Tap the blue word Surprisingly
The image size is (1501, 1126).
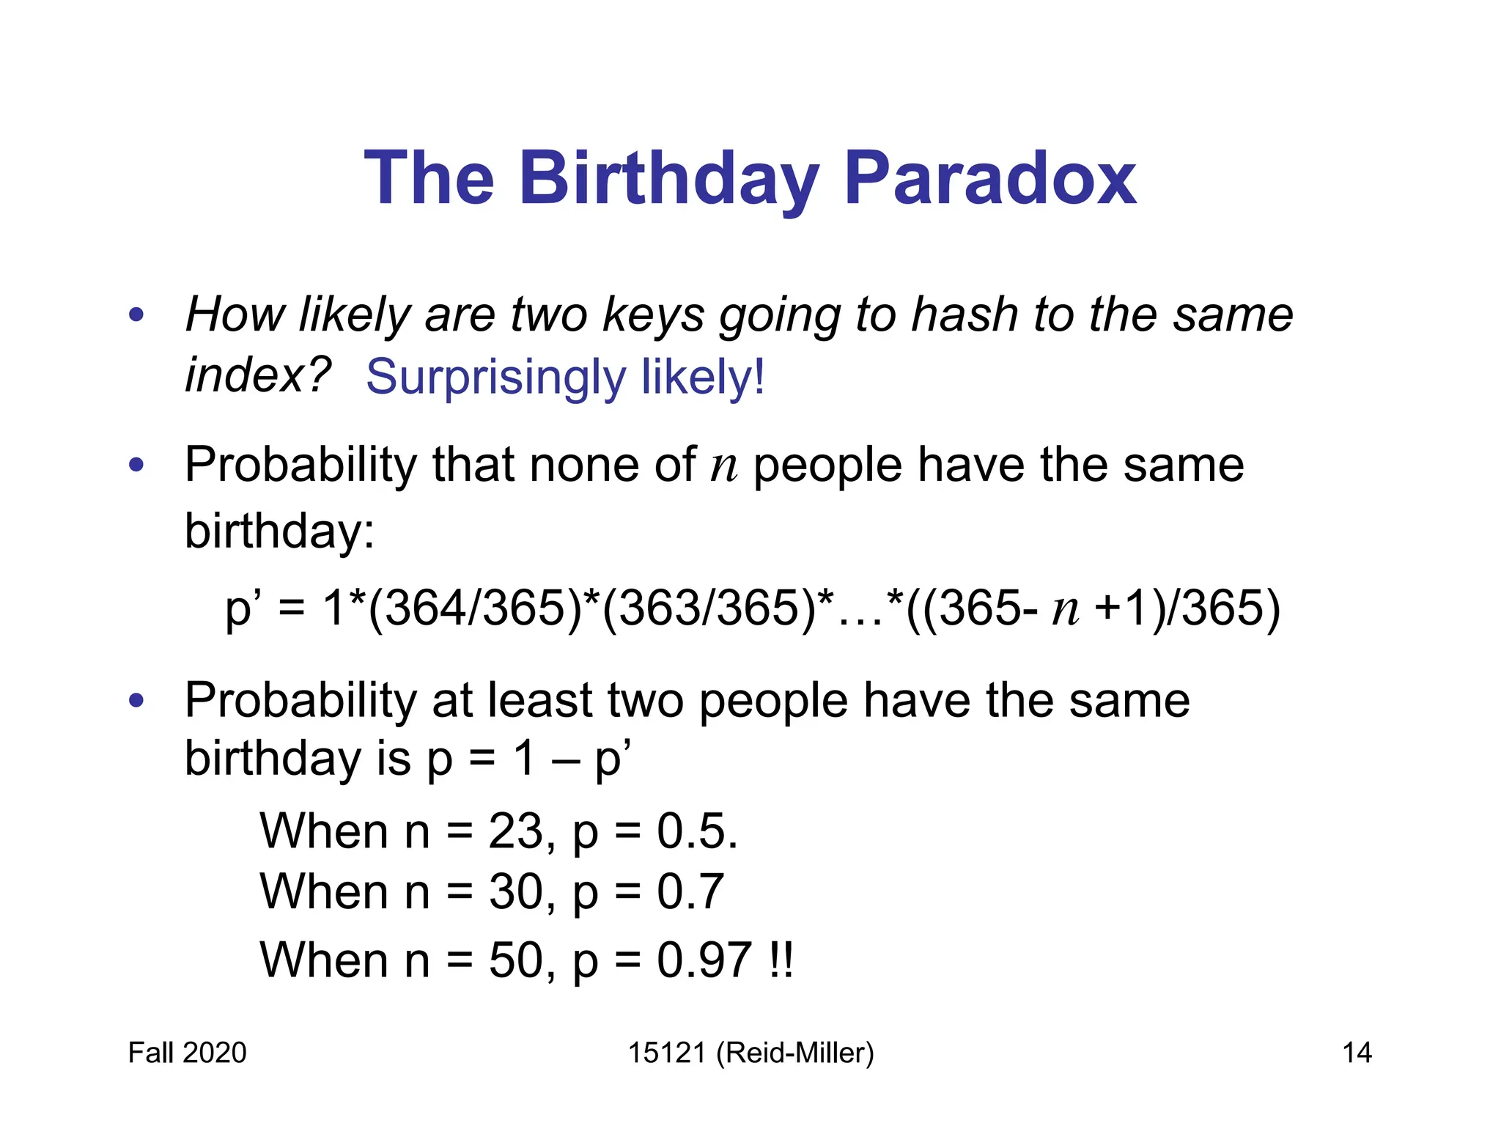(x=495, y=377)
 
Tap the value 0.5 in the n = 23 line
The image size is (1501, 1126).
(x=689, y=831)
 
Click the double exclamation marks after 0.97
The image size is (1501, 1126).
(x=782, y=960)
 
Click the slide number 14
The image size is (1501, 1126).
(x=1357, y=1053)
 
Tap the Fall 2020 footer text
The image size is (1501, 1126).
(x=187, y=1053)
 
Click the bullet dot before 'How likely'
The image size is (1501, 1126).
(x=136, y=316)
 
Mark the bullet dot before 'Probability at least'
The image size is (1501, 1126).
(x=136, y=701)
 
